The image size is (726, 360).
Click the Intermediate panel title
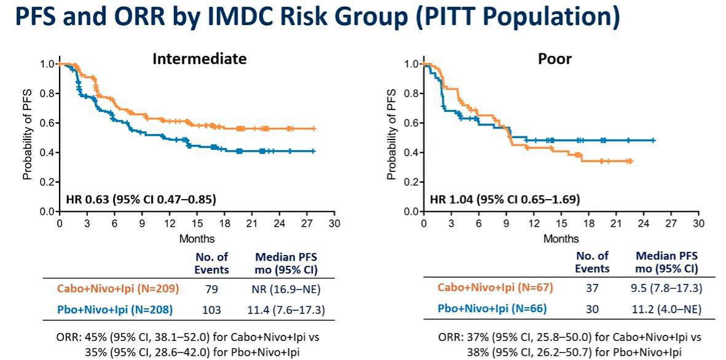tap(200, 59)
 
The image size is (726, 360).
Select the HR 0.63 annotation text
tap(141, 199)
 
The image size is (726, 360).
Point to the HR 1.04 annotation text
tap(505, 199)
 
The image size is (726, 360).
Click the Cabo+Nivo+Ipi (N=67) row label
tap(494, 287)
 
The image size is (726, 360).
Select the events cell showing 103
tap(212, 310)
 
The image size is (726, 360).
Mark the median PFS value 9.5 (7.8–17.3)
tap(666, 287)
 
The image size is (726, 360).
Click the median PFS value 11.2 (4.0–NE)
tap(666, 308)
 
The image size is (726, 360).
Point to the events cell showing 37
tap(593, 287)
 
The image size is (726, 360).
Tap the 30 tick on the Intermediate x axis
tap(334, 224)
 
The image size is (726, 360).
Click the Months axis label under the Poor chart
tap(561, 238)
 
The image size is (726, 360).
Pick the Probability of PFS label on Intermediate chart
tap(27, 137)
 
